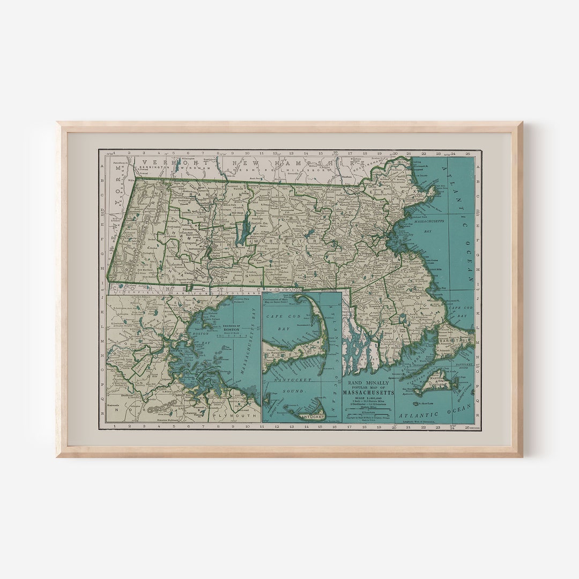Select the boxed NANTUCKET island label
point(311,415)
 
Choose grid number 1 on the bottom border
point(115,427)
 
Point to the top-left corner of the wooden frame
point(58,123)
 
